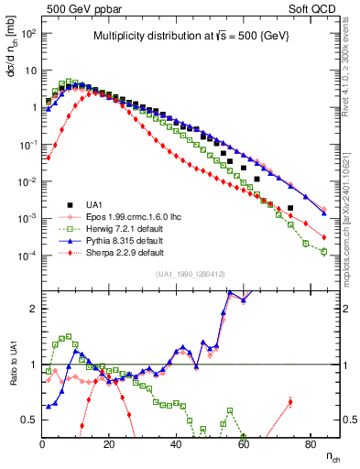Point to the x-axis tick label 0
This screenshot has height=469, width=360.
tap(42, 444)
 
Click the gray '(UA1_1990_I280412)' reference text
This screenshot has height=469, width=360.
tap(190, 274)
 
